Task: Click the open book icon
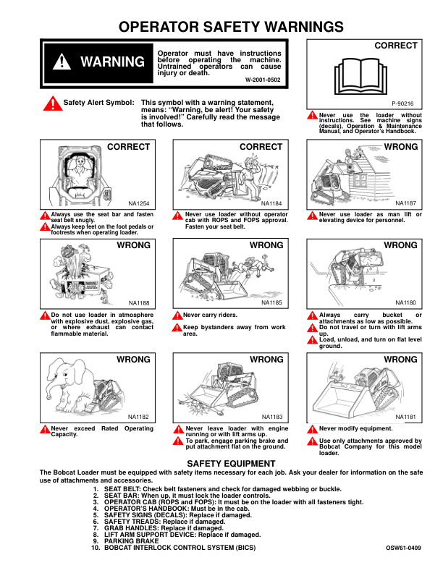360,76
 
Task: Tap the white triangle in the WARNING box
62,61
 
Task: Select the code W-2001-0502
263,80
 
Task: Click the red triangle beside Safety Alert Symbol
53,103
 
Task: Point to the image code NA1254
138,203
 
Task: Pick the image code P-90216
402,103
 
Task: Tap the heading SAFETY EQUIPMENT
231,463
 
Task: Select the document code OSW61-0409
403,548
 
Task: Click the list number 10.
96,548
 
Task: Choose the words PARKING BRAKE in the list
131,541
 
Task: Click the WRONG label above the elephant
133,360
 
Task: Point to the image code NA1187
405,203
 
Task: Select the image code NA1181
405,417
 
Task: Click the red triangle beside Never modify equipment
312,429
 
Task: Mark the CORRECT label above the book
396,46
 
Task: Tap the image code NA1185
272,302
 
